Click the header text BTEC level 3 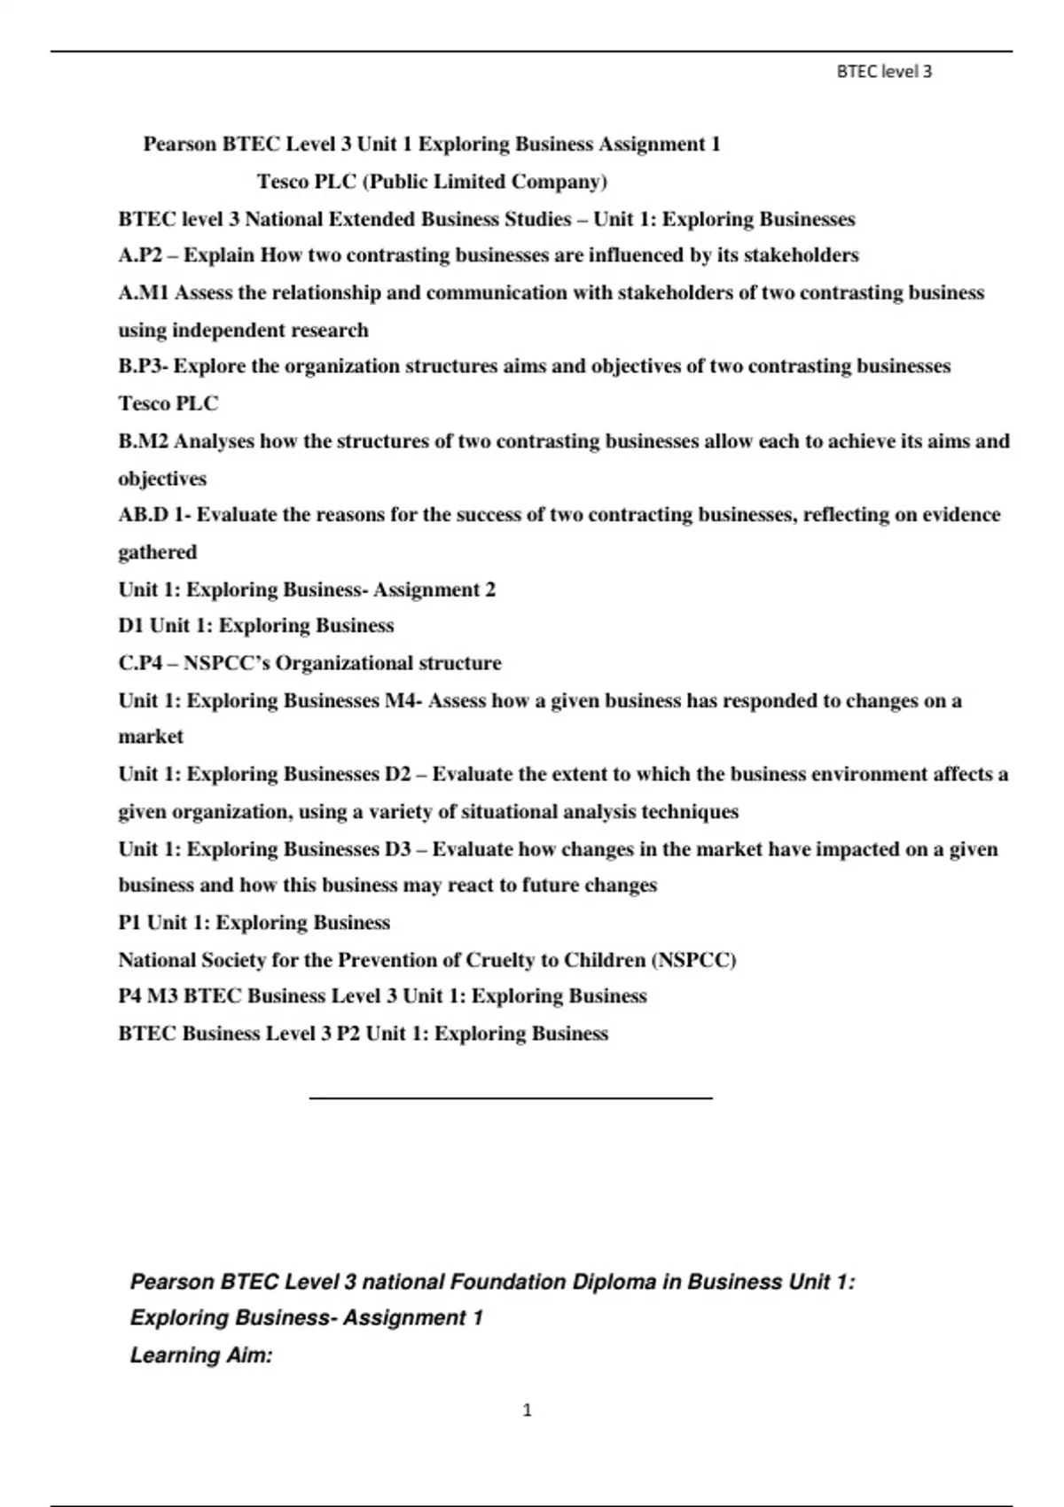(884, 73)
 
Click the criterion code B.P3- (143, 367)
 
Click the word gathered (158, 552)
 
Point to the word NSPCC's (226, 663)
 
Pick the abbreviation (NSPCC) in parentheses (693, 960)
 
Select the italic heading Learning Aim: (201, 1355)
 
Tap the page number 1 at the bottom (528, 1410)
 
